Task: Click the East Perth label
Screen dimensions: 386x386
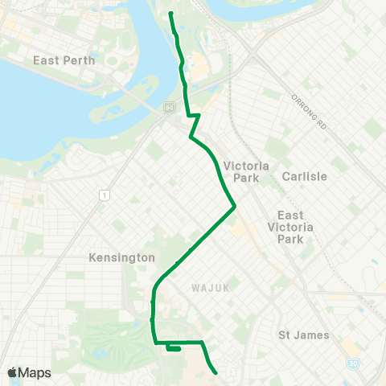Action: pos(64,60)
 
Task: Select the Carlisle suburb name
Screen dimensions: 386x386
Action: pos(305,175)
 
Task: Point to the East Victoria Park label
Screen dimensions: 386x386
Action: pos(290,227)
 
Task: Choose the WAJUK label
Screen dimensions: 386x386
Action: pos(211,286)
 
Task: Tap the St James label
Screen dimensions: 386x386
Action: pos(303,335)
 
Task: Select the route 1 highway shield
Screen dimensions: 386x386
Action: pos(104,195)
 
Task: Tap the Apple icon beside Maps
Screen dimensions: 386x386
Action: pos(12,372)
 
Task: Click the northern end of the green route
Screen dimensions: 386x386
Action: pos(170,14)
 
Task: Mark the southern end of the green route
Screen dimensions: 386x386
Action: pos(217,372)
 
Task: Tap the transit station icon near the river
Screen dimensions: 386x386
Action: pos(170,107)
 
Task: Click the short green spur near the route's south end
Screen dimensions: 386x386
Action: pos(172,349)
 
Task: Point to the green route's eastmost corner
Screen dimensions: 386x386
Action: pos(234,206)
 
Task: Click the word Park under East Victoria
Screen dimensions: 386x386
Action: pos(290,239)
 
